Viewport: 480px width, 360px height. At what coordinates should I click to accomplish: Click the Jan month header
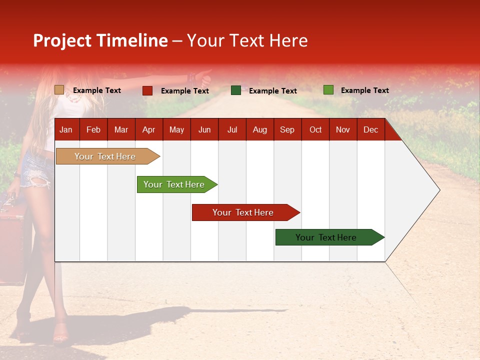click(66, 130)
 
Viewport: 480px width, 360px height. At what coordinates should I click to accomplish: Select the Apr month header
click(148, 130)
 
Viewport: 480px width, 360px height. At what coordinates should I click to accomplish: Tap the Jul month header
click(232, 130)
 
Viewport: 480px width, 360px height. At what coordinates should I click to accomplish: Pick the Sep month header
click(287, 130)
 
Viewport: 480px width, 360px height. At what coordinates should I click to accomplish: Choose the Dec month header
click(370, 130)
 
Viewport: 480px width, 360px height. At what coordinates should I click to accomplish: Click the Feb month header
click(93, 130)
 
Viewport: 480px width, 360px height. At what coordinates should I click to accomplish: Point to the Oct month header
click(315, 130)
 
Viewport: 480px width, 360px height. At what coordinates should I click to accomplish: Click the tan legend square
click(59, 90)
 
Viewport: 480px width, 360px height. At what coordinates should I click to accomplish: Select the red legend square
click(147, 90)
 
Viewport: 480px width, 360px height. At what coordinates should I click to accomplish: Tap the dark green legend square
click(236, 90)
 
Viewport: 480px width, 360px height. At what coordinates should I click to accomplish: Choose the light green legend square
click(328, 90)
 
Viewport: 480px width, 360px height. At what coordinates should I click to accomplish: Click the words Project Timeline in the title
click(100, 41)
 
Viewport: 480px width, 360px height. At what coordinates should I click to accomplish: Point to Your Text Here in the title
click(247, 41)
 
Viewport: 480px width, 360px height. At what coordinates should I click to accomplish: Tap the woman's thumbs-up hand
click(204, 76)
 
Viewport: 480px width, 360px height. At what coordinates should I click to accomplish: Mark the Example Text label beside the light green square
click(364, 90)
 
